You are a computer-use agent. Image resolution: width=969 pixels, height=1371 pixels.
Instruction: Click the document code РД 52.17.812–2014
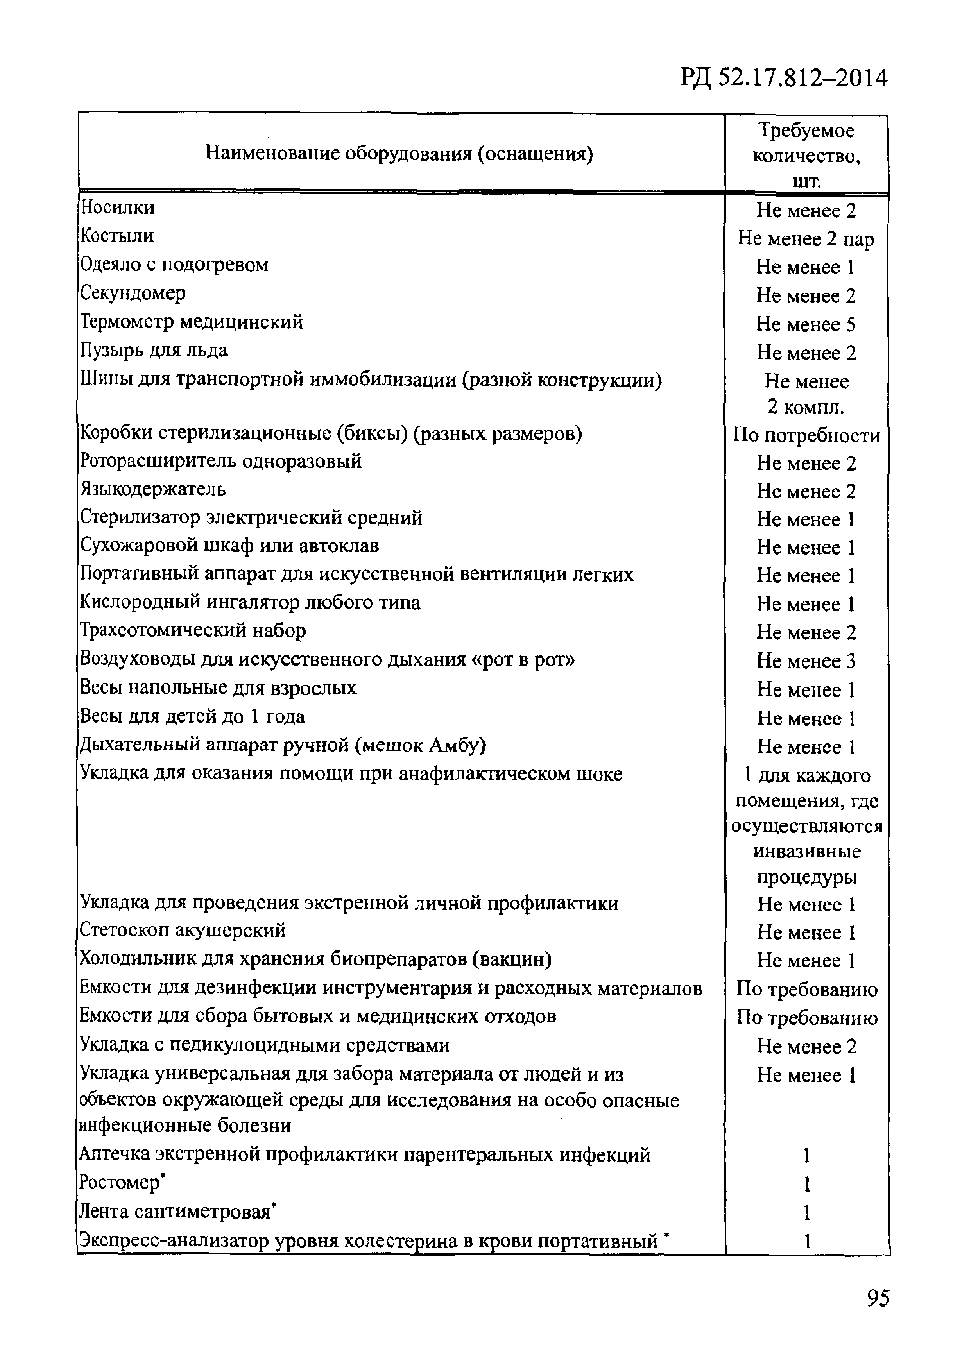(x=784, y=78)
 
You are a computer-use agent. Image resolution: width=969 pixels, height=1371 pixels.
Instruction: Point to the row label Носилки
(x=118, y=207)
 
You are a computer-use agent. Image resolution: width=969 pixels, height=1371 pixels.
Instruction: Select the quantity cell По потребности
(x=806, y=435)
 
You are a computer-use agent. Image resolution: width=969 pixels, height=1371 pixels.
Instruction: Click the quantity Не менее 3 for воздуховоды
(x=806, y=660)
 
